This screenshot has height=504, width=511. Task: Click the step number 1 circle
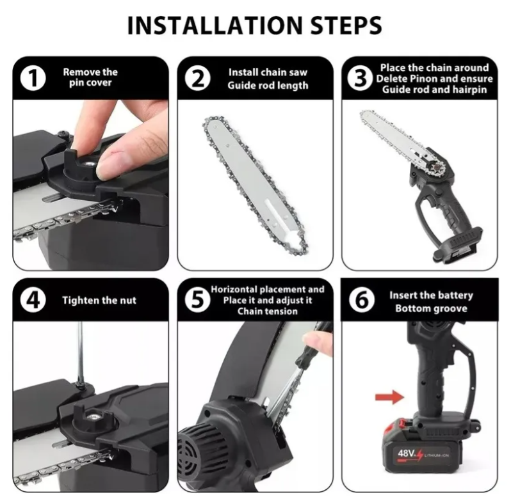33,78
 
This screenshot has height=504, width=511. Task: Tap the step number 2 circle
197,78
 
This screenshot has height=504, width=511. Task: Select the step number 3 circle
360,78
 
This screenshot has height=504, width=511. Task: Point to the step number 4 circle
33,300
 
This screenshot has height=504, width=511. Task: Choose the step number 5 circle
197,300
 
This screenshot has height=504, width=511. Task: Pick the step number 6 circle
362,300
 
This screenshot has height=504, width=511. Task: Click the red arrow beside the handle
389,397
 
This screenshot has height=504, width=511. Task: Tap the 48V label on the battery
406,453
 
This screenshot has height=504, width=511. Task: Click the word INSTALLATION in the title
215,25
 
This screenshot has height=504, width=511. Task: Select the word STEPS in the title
346,25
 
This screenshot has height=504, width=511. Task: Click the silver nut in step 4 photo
93,417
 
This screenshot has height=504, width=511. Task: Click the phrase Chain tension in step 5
267,311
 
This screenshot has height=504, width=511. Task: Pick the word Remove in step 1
77,72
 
